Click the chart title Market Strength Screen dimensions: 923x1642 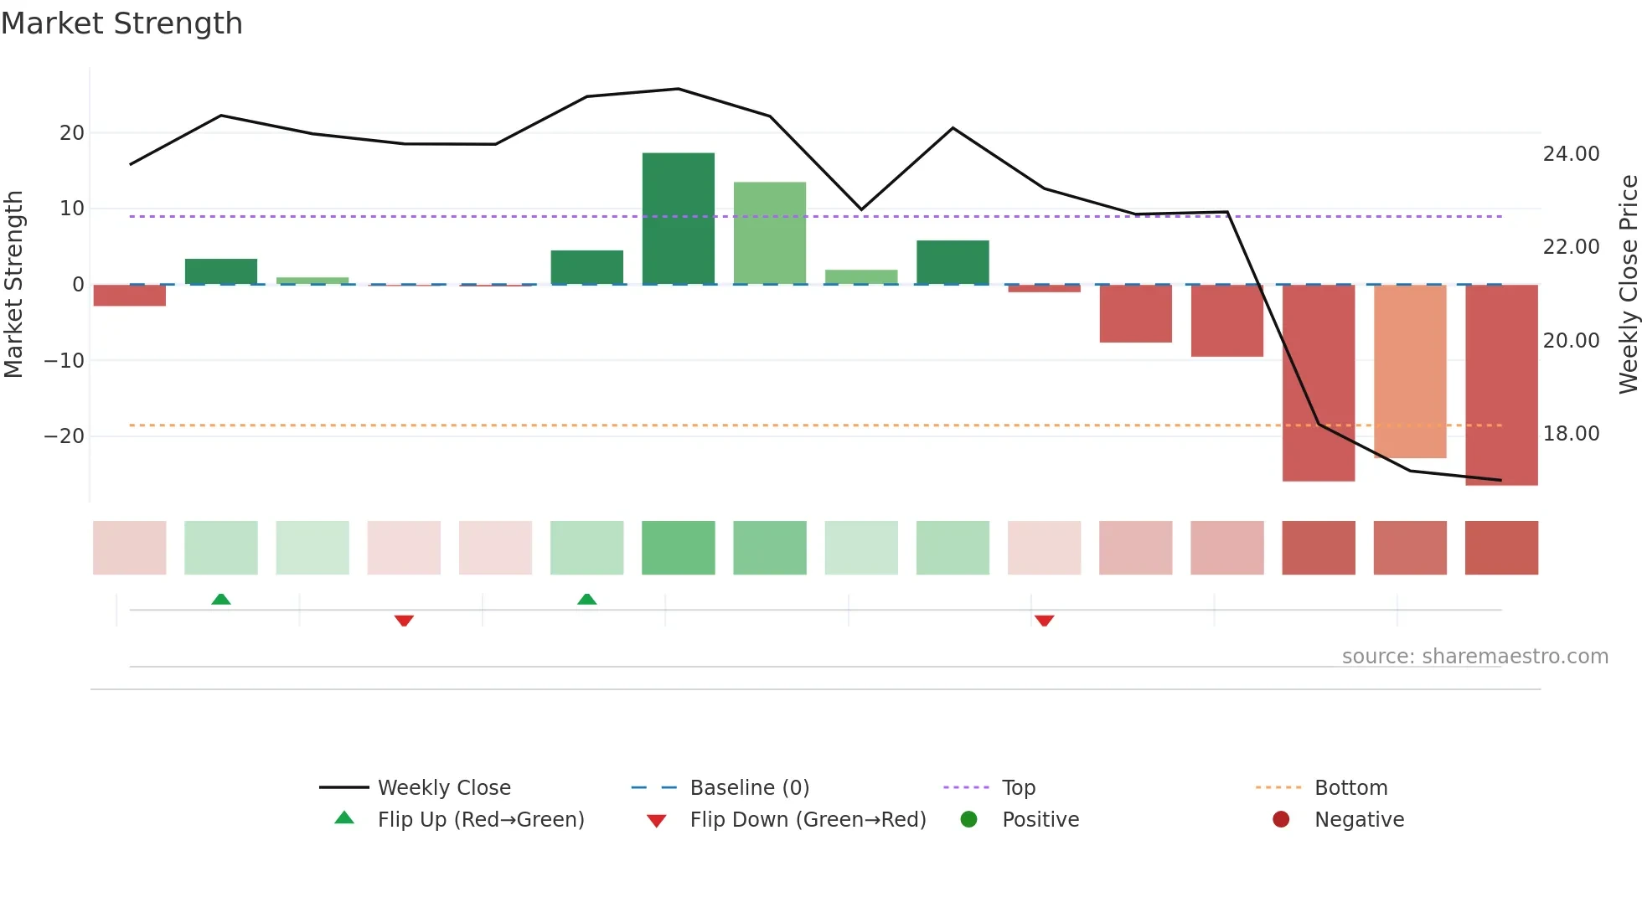click(121, 23)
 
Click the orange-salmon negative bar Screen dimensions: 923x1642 click(1409, 371)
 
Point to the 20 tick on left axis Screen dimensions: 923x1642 click(72, 132)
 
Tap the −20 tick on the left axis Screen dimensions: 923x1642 click(65, 436)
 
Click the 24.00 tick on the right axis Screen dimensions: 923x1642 click(1571, 153)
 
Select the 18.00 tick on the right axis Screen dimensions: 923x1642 click(1571, 433)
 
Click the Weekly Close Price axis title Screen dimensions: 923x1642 click(1628, 284)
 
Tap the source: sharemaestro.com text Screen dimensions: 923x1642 click(1474, 656)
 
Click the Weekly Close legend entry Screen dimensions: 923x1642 click(443, 787)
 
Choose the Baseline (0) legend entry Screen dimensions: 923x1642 click(749, 787)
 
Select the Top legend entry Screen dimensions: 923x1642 click(1018, 787)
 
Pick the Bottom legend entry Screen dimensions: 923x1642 click(1350, 787)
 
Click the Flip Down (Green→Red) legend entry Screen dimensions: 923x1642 click(808, 819)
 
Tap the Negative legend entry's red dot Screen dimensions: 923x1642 click(1281, 819)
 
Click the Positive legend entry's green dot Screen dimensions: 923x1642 click(968, 819)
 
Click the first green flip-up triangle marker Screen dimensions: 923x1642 click(221, 599)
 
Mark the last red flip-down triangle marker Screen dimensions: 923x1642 click(1044, 621)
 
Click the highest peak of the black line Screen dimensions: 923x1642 click(678, 89)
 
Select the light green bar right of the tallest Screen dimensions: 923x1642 click(769, 233)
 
